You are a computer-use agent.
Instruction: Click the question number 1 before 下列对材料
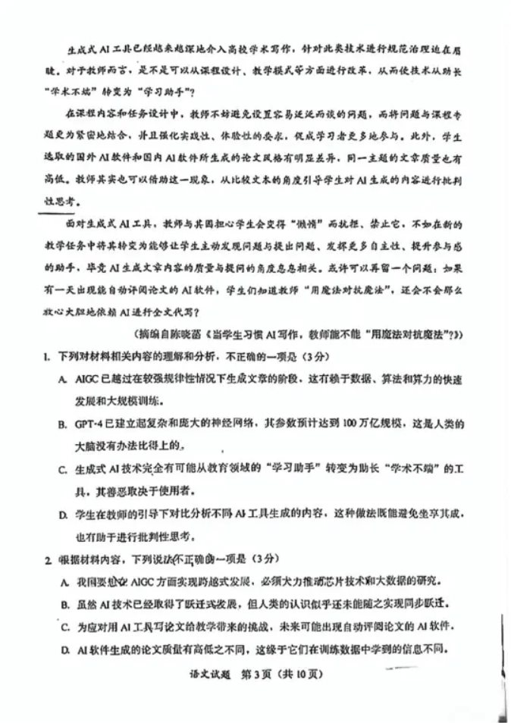pyautogui.click(x=47, y=356)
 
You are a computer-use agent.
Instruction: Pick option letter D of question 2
pyautogui.click(x=62, y=649)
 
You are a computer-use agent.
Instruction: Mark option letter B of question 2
pyautogui.click(x=62, y=604)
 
